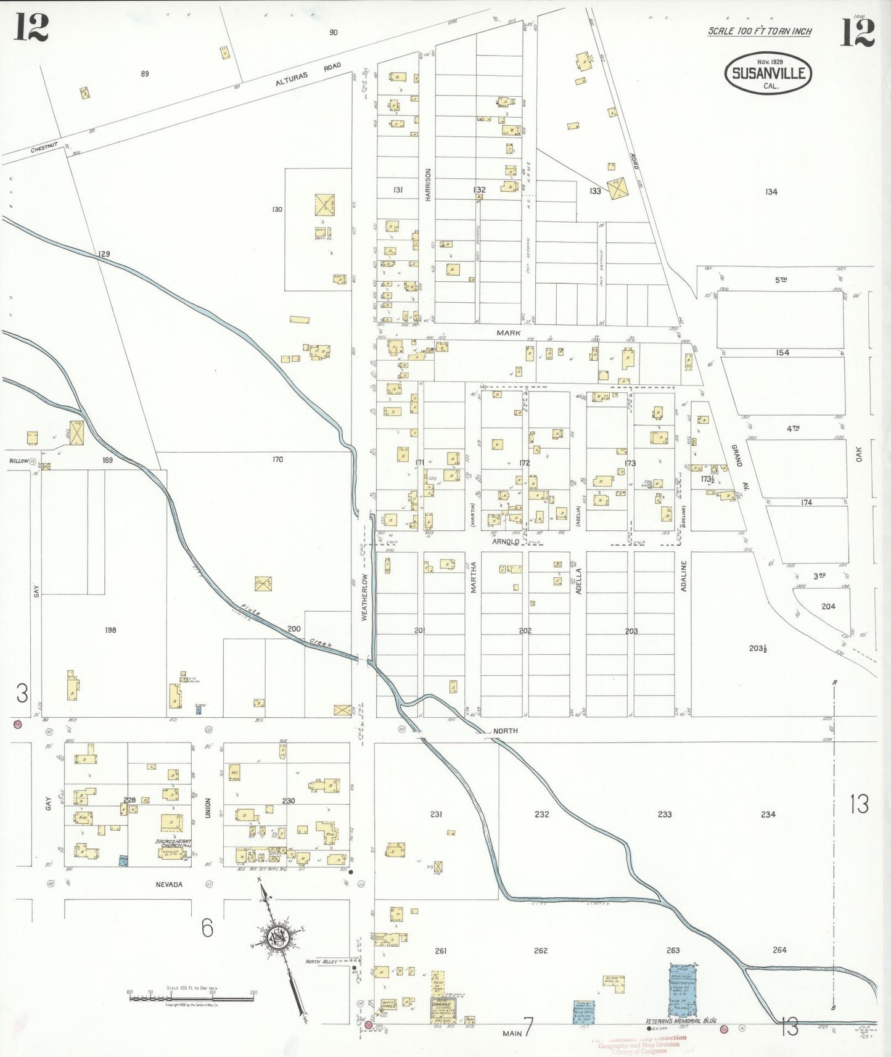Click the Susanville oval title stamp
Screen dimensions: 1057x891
(768, 73)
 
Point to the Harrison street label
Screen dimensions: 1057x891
(428, 184)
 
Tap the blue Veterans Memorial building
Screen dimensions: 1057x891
(683, 989)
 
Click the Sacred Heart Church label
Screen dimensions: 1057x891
(173, 843)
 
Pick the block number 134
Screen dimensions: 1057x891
(771, 192)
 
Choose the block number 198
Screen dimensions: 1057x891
(110, 630)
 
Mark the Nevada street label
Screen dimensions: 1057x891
(169, 884)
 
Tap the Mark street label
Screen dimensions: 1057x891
(509, 333)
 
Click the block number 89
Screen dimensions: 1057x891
(144, 73)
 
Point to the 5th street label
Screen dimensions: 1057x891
(781, 280)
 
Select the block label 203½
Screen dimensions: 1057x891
(758, 648)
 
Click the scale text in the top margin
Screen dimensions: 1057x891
(759, 31)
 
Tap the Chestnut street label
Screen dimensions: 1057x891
(44, 147)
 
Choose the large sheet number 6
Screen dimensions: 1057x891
(207, 927)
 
